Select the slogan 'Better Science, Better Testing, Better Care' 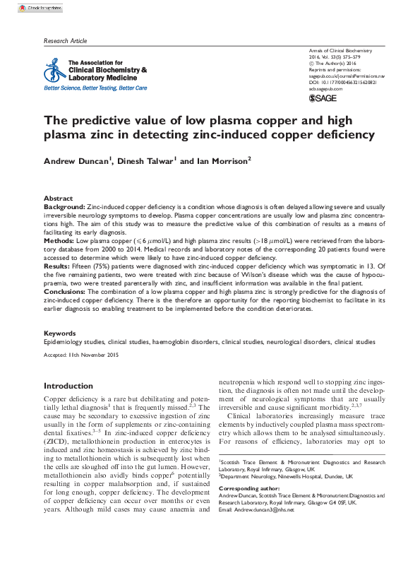point(95,88)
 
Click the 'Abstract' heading point(58,199)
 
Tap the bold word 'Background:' point(64,206)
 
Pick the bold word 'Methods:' point(59,241)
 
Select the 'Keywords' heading point(59,333)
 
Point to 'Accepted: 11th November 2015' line point(82,354)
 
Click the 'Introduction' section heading point(73,386)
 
